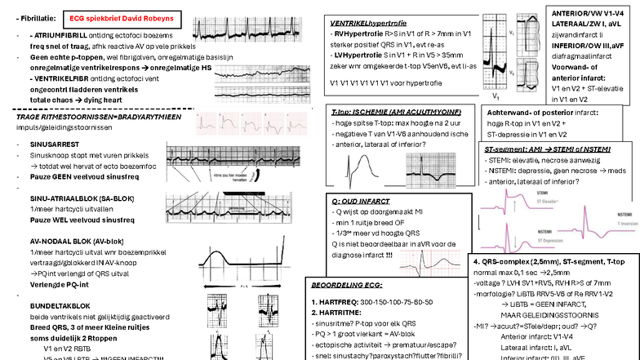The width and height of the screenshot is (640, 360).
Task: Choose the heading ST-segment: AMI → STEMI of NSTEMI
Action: click(x=541, y=151)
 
